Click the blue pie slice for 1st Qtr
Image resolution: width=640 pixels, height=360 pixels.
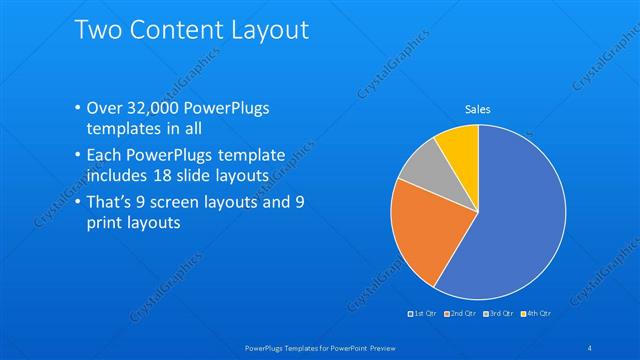[510, 220]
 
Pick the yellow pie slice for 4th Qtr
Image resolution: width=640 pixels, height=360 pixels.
[461, 146]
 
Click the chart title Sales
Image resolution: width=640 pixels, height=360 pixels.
[477, 110]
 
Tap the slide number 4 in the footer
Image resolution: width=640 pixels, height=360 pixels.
[590, 347]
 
